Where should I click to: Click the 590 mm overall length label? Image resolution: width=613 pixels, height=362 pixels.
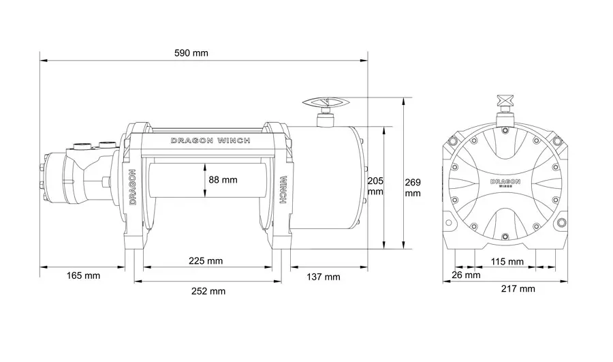click(191, 52)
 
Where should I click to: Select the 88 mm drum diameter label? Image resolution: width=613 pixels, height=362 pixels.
click(223, 179)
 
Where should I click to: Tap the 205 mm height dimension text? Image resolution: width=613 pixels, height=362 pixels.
click(375, 186)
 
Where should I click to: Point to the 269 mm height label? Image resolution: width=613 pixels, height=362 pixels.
click(413, 187)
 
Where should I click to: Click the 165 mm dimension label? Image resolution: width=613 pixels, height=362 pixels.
click(83, 275)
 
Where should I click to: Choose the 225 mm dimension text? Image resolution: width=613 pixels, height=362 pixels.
click(206, 260)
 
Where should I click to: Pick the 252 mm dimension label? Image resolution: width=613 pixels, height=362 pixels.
click(208, 291)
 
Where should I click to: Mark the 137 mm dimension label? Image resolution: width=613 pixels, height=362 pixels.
click(324, 277)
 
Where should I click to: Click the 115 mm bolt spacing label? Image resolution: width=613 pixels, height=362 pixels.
click(507, 261)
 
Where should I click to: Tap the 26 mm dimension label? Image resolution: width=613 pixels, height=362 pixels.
click(466, 275)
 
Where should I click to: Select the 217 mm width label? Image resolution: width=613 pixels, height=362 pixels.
click(518, 289)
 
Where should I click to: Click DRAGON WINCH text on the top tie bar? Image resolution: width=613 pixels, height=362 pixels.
click(210, 140)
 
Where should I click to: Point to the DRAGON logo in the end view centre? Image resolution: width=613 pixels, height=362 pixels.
click(505, 183)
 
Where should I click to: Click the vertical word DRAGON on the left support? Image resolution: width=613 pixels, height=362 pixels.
click(132, 187)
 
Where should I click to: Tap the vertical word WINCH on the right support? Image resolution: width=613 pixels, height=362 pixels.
click(283, 190)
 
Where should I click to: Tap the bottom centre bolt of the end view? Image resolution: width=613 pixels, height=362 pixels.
click(505, 236)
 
